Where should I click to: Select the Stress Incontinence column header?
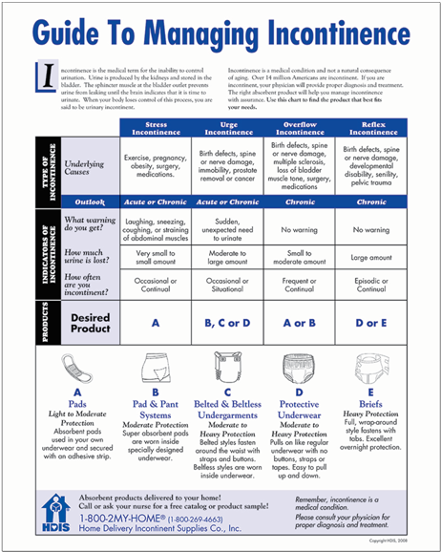click(155, 128)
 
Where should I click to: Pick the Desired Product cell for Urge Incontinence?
click(226, 323)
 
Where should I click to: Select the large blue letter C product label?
click(226, 393)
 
